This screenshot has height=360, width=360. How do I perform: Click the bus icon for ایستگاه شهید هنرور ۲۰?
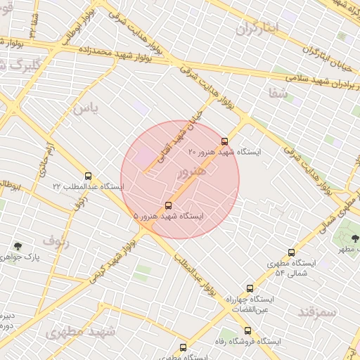pos(224,141)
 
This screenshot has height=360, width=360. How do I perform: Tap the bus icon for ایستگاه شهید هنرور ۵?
pos(168,205)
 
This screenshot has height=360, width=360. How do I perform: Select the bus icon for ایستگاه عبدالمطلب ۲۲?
pos(88,176)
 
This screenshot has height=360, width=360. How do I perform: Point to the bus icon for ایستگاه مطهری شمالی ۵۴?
pos(291,252)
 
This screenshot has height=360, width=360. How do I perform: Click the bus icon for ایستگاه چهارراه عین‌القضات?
pos(250,288)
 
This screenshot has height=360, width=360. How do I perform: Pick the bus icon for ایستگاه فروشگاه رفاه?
pos(247,330)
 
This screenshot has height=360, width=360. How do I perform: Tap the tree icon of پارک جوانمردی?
pos(18,246)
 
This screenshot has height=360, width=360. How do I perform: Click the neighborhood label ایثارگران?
pos(257,29)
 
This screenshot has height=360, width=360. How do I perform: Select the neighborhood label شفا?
pos(274,92)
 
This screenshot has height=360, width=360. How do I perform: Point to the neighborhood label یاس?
pos(84,108)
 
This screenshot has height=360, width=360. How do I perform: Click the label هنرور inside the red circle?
pos(193,171)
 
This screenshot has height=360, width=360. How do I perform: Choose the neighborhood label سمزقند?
pos(317,311)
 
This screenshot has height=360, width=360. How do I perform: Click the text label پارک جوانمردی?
pos(20,257)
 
